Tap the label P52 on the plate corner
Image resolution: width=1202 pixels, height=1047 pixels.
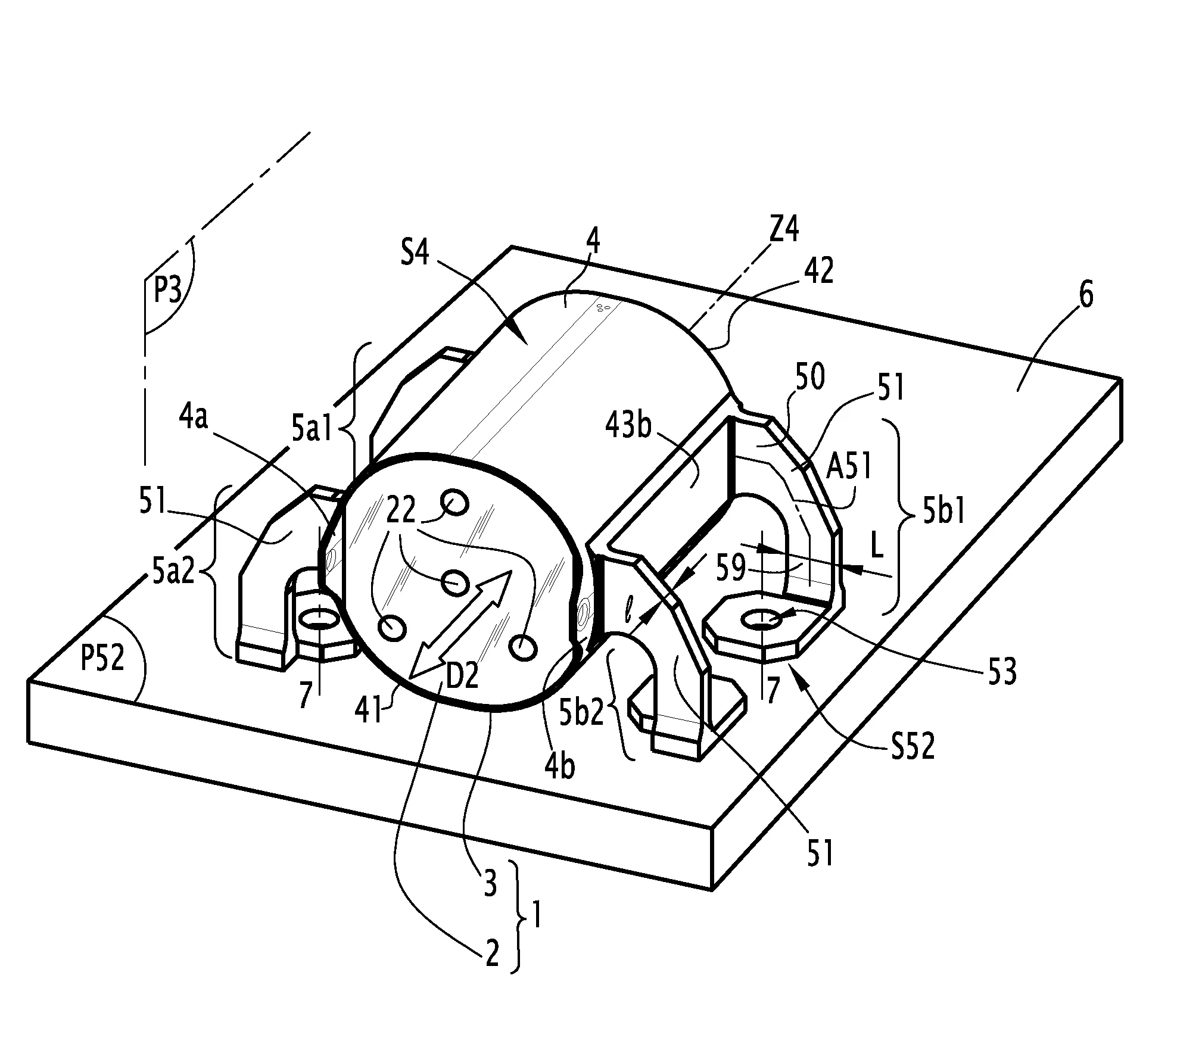tap(102, 659)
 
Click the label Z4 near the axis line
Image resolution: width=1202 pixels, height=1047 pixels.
tap(784, 229)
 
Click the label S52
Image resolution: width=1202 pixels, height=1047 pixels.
tap(913, 745)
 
